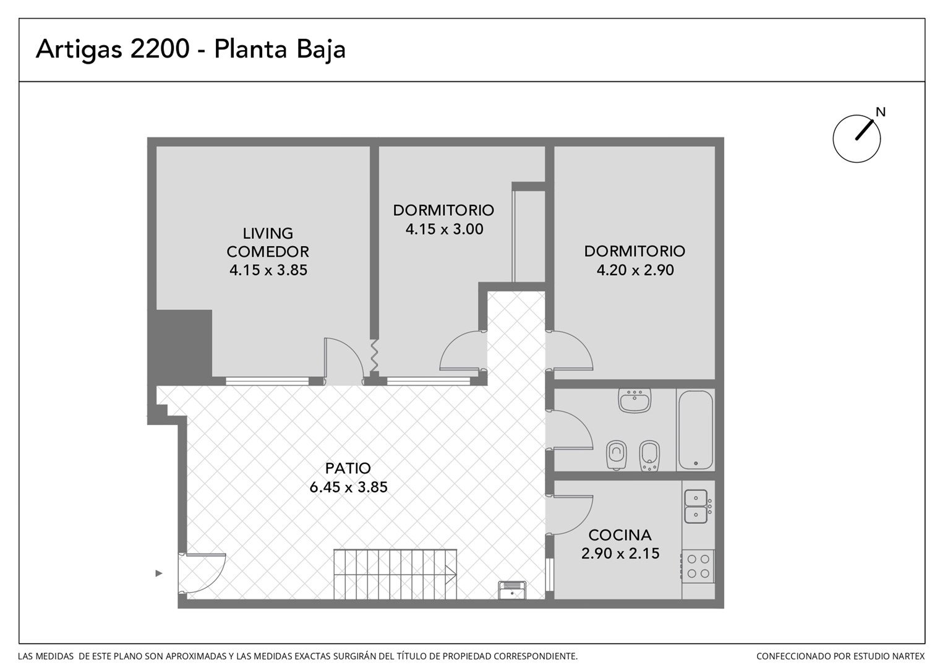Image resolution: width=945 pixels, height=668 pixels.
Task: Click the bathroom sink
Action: click(635, 400)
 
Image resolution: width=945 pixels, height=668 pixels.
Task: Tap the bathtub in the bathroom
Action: click(695, 430)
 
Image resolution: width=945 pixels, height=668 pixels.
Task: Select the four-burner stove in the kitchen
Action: click(698, 567)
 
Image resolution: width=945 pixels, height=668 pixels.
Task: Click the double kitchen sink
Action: click(696, 507)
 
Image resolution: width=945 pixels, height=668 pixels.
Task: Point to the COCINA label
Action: click(620, 535)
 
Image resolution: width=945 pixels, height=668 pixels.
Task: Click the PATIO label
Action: click(348, 468)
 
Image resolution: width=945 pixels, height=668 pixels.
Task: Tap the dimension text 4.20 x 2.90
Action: click(635, 270)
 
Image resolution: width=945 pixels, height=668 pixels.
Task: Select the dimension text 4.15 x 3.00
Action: click(444, 229)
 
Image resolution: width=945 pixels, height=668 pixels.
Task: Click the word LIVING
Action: click(268, 233)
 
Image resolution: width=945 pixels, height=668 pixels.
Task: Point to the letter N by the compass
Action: click(881, 112)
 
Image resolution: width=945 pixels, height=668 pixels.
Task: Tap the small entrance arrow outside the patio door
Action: click(158, 573)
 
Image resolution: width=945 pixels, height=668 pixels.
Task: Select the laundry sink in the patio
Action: click(511, 590)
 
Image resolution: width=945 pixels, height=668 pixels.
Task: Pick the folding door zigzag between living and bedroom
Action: click(374, 355)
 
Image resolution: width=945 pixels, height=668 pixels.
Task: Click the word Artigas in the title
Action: click(79, 50)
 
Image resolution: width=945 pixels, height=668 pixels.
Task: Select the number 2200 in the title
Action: click(160, 49)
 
